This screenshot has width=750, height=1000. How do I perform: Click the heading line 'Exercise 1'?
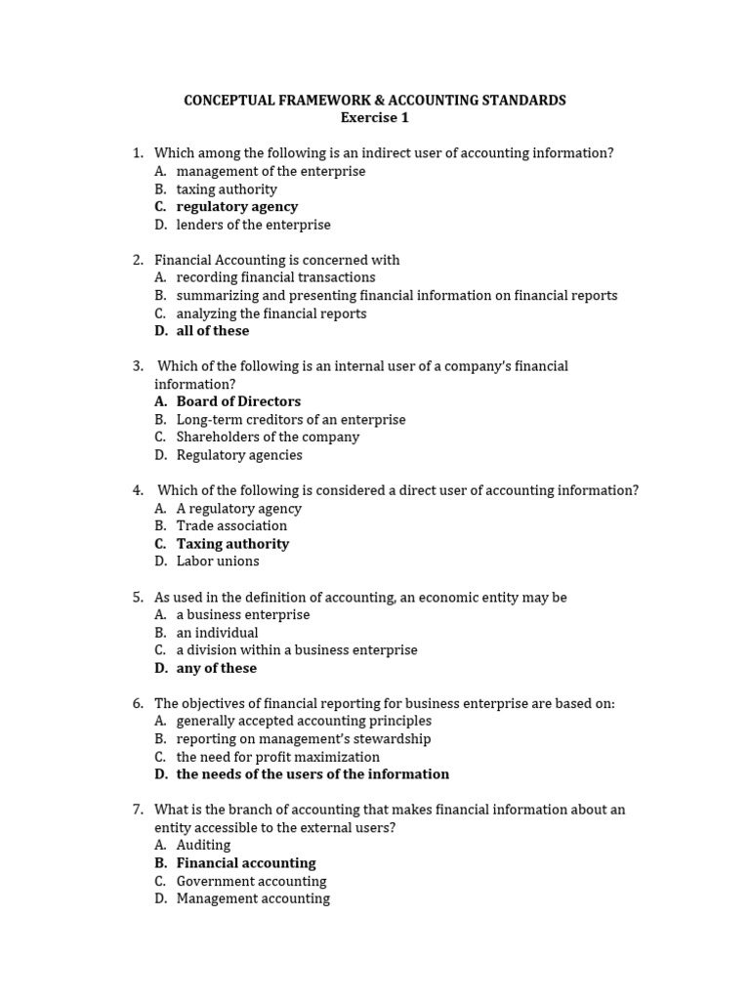click(x=375, y=118)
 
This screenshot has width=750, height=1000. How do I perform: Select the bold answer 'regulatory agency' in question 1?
click(x=236, y=207)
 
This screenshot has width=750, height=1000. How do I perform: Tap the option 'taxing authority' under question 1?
click(x=227, y=189)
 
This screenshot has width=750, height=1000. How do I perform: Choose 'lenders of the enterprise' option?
click(x=253, y=225)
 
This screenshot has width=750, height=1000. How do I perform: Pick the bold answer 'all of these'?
click(x=213, y=331)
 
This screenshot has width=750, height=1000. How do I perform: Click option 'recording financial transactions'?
click(x=275, y=277)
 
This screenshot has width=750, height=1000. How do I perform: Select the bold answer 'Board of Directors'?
click(x=238, y=401)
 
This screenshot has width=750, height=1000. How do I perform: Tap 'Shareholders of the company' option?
click(x=268, y=437)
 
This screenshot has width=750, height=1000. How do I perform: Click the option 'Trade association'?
click(x=231, y=525)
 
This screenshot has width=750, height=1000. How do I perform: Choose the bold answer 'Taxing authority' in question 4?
click(x=232, y=544)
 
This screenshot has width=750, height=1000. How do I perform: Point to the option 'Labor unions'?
click(x=218, y=562)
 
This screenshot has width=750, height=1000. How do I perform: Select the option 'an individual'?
click(x=217, y=633)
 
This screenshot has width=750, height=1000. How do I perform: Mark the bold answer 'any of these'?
click(x=217, y=668)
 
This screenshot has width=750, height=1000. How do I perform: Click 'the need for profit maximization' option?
click(x=278, y=757)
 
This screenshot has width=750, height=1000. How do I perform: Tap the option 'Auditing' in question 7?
click(x=203, y=845)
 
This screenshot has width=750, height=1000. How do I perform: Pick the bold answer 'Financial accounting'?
click(x=246, y=863)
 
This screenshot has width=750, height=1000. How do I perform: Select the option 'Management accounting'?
click(x=253, y=898)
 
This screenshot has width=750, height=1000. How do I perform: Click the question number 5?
click(x=138, y=597)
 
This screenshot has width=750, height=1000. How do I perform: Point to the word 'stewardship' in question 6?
click(x=392, y=739)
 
